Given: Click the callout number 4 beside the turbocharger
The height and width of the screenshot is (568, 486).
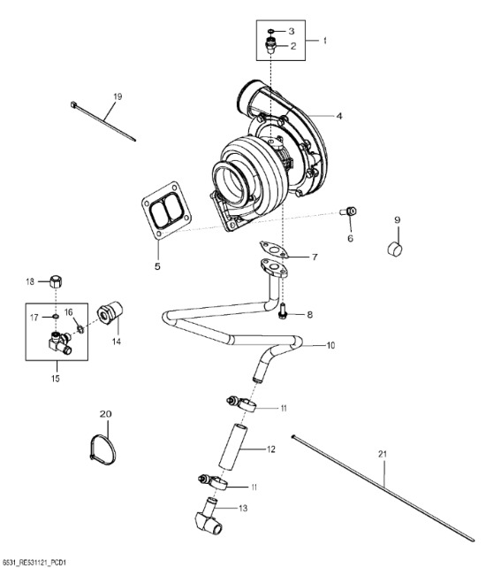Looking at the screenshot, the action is (339, 116).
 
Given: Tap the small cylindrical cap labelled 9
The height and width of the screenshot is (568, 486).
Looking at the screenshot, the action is (395, 249).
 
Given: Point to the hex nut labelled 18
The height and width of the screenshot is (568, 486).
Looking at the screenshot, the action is (56, 281).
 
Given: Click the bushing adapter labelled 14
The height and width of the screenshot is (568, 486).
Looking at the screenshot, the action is (110, 313).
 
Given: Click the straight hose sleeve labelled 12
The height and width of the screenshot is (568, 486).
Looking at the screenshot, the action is (232, 446).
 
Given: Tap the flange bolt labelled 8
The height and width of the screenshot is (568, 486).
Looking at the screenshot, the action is (283, 312).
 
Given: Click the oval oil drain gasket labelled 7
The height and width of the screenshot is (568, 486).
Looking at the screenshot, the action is (274, 249).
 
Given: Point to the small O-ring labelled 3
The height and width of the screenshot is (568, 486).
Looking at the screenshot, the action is (272, 32).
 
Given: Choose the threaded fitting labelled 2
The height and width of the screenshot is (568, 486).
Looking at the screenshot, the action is (270, 45).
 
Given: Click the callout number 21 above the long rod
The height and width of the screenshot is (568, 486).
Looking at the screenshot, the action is (383, 454).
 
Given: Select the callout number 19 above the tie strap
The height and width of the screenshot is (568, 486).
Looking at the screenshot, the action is (118, 96).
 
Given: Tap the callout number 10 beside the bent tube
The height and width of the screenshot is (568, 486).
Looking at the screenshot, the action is (330, 345).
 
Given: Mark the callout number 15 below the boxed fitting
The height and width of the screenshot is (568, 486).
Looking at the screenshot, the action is (55, 379).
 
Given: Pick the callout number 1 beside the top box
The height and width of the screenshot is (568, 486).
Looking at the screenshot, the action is (324, 40).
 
